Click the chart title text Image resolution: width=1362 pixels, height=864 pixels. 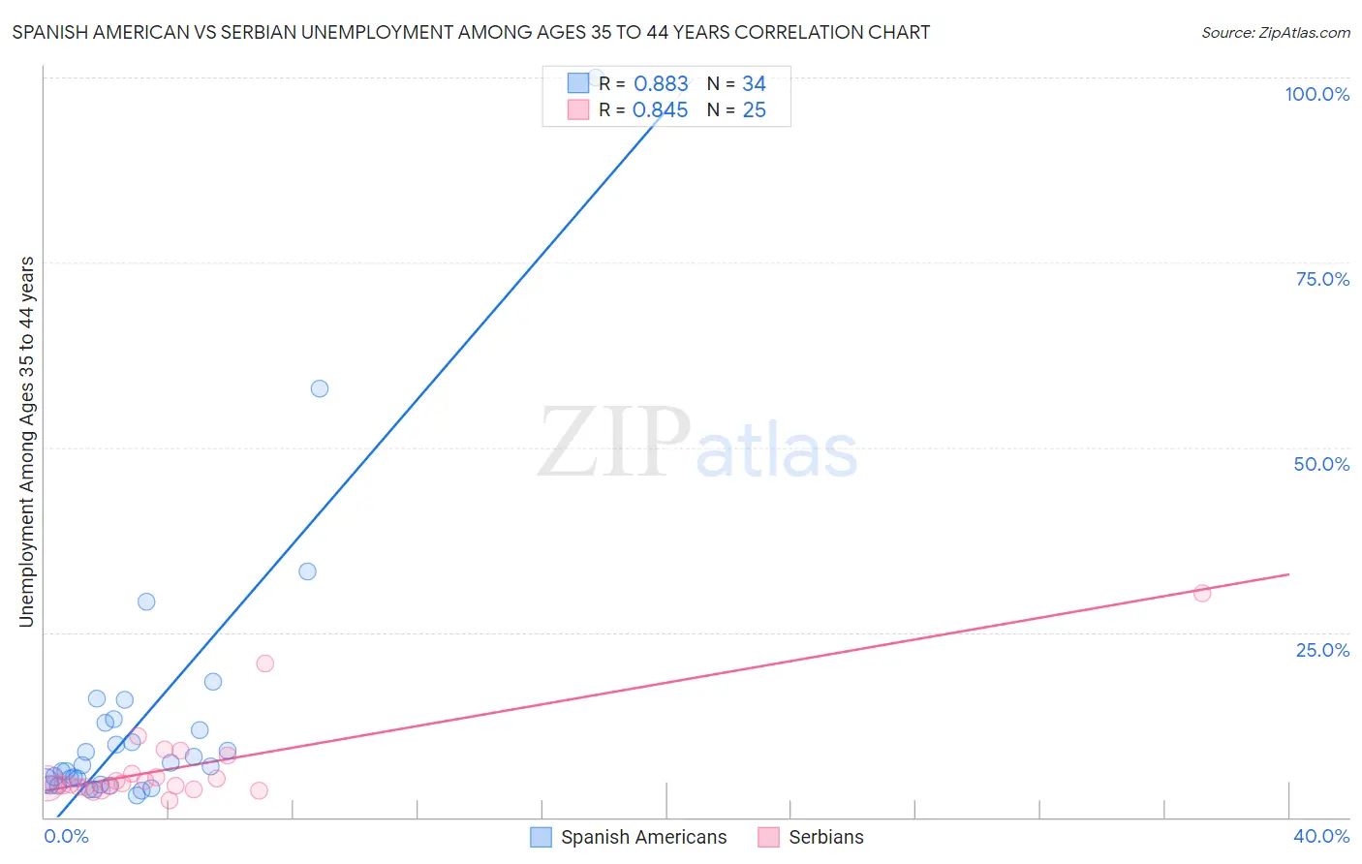[x=471, y=32]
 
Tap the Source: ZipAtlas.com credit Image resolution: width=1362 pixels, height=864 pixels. [x=1275, y=33]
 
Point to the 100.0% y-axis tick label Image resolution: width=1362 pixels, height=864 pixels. [x=1316, y=94]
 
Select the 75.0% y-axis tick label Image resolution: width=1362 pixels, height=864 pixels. [x=1322, y=279]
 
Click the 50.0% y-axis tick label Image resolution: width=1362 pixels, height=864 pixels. [x=1321, y=464]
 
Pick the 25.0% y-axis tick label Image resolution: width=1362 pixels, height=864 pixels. [x=1322, y=650]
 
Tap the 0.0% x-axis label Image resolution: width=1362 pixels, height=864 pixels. [x=66, y=836]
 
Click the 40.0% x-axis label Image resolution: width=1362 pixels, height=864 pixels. [x=1321, y=836]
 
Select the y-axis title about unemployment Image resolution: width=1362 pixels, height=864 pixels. [x=27, y=442]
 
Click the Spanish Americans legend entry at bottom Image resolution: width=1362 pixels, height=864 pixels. [x=642, y=837]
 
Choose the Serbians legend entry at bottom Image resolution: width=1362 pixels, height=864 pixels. [x=825, y=837]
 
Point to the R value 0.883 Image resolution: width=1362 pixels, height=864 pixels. [x=661, y=84]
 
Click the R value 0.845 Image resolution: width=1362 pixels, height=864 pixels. [x=660, y=110]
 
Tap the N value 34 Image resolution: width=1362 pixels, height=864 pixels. [x=754, y=84]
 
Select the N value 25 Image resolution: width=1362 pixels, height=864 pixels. [x=754, y=110]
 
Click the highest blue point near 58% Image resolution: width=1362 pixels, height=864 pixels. [x=320, y=388]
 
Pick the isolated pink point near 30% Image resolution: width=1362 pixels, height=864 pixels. [x=1202, y=593]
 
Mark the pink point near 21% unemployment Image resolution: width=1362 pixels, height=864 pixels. [x=265, y=663]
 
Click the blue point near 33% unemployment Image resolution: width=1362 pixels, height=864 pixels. [x=307, y=571]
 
